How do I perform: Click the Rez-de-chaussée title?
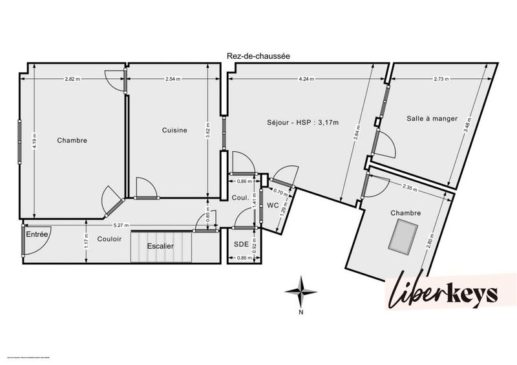(258, 56)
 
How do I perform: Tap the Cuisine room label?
(174, 130)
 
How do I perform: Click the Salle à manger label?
(432, 118)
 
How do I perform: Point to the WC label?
(272, 205)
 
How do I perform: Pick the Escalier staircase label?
(160, 246)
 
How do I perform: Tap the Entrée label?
(37, 235)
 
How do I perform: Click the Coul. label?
(241, 198)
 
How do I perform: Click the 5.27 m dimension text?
(121, 225)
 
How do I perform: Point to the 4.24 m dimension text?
(306, 79)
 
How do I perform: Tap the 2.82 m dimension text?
(72, 79)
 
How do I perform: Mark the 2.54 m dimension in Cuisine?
(173, 79)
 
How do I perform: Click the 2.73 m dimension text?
(442, 79)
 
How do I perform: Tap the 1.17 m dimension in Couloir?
(87, 244)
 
